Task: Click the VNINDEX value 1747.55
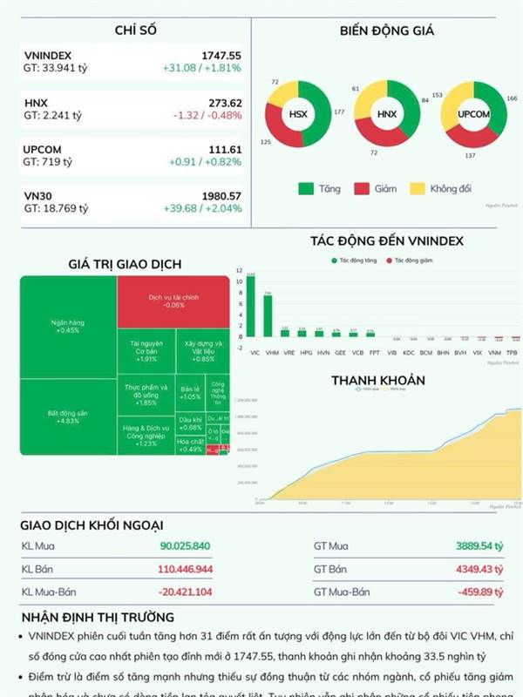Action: (221, 55)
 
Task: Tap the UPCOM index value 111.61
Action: (224, 150)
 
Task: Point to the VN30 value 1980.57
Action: (220, 196)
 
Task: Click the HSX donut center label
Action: (298, 114)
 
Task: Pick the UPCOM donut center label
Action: (472, 114)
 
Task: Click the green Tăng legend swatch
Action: (305, 188)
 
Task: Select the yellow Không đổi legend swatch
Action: (416, 188)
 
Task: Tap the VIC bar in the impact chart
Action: (251, 306)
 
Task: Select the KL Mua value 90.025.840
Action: (185, 546)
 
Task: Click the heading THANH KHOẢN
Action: (377, 381)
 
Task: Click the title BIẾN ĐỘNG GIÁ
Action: (387, 30)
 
